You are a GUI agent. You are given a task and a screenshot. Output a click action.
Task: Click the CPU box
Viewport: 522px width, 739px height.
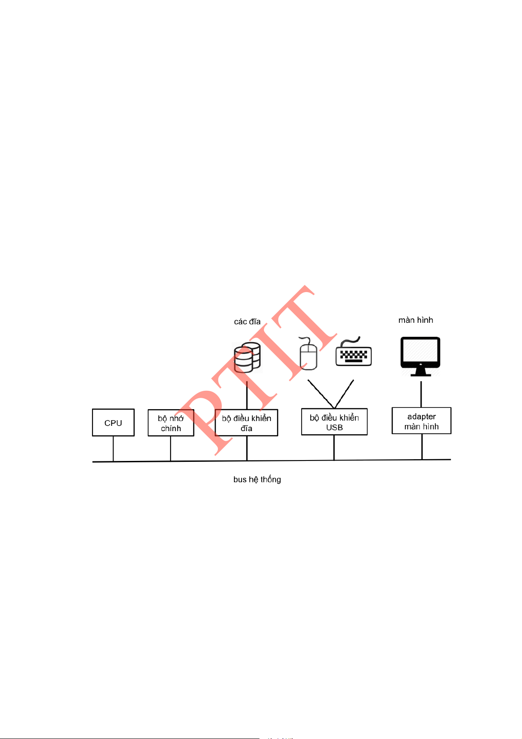click(113, 422)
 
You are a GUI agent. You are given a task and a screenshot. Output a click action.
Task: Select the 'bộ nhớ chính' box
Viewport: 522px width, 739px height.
click(171, 423)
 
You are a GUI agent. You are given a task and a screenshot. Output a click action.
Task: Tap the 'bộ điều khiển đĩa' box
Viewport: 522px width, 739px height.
click(246, 423)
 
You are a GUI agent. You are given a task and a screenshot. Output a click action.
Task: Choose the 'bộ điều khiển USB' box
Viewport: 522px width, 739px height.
click(334, 421)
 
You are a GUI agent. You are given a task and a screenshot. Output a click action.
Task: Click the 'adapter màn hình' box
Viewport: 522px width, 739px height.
click(422, 421)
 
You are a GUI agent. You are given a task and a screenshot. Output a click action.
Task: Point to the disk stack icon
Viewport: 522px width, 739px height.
click(247, 357)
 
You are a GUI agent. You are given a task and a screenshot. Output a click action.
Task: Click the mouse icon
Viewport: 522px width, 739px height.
click(308, 353)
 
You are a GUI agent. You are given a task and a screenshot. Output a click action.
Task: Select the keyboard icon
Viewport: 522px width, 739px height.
click(354, 351)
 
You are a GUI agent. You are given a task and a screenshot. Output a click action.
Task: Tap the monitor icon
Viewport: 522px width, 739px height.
click(420, 356)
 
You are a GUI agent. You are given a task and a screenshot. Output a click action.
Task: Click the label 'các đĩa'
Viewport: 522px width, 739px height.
click(247, 321)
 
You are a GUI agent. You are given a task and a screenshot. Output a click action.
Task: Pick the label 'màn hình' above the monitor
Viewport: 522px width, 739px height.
click(415, 320)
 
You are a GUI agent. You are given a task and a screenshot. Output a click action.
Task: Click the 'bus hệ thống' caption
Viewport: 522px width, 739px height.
click(257, 479)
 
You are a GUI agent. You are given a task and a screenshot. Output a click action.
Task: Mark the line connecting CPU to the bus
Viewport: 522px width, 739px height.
click(113, 449)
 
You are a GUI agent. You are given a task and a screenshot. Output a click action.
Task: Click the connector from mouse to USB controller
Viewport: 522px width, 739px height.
click(321, 394)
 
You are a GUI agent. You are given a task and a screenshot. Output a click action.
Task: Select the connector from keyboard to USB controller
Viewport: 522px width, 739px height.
click(344, 394)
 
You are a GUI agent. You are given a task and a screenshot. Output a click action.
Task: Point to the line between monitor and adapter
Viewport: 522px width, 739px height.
click(421, 394)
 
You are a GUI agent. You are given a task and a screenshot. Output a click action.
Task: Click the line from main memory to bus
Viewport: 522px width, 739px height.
click(170, 449)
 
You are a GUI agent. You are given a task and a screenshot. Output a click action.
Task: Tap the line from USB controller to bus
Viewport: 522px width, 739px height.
click(334, 448)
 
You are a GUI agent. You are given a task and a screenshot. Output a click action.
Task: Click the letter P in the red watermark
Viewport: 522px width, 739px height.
click(204, 419)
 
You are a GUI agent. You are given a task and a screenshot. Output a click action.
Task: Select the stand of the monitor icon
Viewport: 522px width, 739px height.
click(420, 372)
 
